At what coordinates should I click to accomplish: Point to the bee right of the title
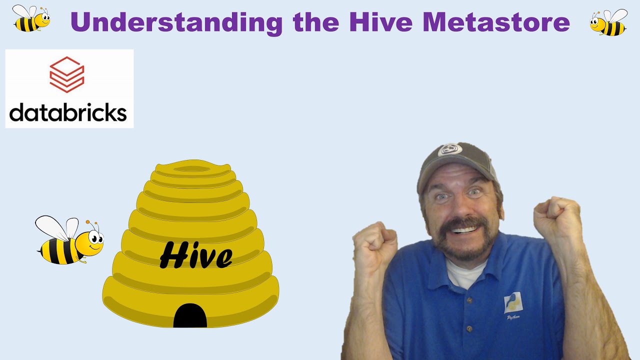pyautogui.click(x=608, y=22)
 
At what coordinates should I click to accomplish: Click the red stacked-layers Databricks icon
pyautogui.click(x=66, y=74)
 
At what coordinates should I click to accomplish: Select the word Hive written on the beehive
pyautogui.click(x=196, y=255)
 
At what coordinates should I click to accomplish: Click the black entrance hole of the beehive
pyautogui.click(x=190, y=316)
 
